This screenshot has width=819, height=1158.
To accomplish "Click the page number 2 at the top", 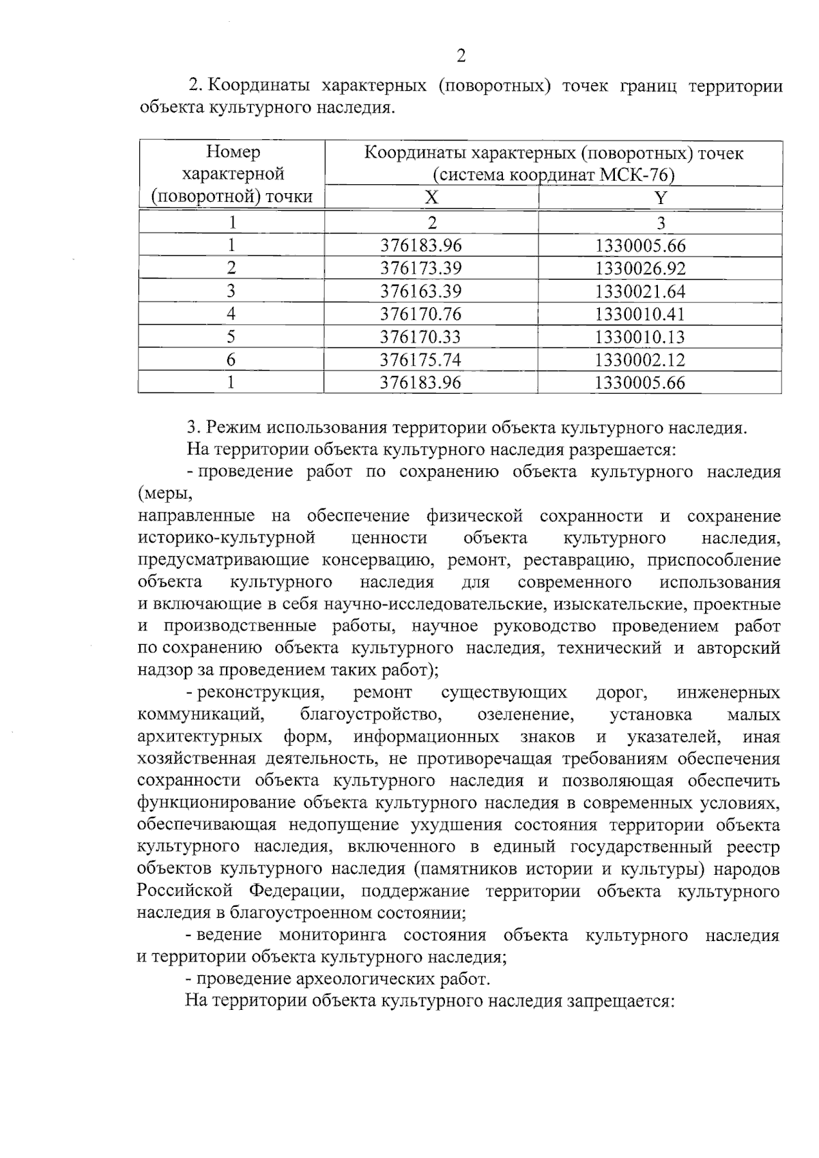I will point(461,57).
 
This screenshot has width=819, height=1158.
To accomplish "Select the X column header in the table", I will point(431,198).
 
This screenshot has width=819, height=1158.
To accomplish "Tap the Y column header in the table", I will point(660,198).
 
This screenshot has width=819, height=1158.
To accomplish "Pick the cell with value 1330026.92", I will point(640,268).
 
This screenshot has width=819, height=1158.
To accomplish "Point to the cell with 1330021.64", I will point(640,291).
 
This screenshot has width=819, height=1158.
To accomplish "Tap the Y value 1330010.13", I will point(640,337).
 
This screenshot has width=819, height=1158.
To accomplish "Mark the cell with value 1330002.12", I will point(640,360).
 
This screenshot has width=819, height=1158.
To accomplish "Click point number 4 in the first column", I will point(231,314).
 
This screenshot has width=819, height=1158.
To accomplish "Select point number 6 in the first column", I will point(231,360).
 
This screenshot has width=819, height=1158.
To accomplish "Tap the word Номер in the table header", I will point(233,152).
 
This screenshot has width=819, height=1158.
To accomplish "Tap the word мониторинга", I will point(332,935).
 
